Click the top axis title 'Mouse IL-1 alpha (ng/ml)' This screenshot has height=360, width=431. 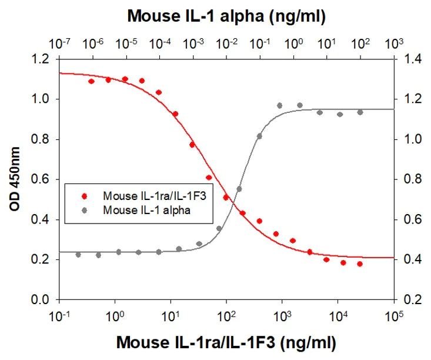click(226, 16)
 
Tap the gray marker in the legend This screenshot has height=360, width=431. click(84, 208)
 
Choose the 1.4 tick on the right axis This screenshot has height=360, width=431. click(410, 59)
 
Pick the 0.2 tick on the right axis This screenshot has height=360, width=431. click(410, 300)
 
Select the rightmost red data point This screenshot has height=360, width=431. click(360, 264)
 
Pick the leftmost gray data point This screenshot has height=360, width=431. click(78, 255)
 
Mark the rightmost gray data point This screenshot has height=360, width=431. click(360, 112)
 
